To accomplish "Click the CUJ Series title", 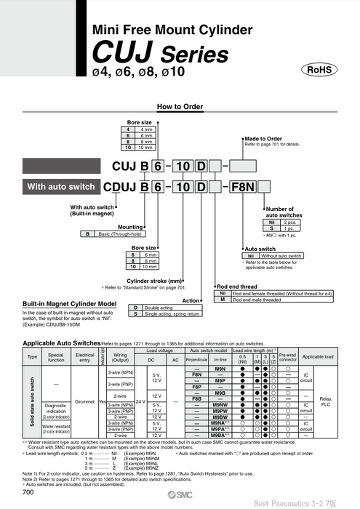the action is [159, 55].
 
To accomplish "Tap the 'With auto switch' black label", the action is [61, 187].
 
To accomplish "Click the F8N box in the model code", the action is [242, 187].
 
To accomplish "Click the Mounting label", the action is [130, 226].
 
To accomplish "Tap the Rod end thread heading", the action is [239, 286].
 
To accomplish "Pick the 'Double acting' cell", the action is [159, 307].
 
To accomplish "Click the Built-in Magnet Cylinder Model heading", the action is [69, 303].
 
